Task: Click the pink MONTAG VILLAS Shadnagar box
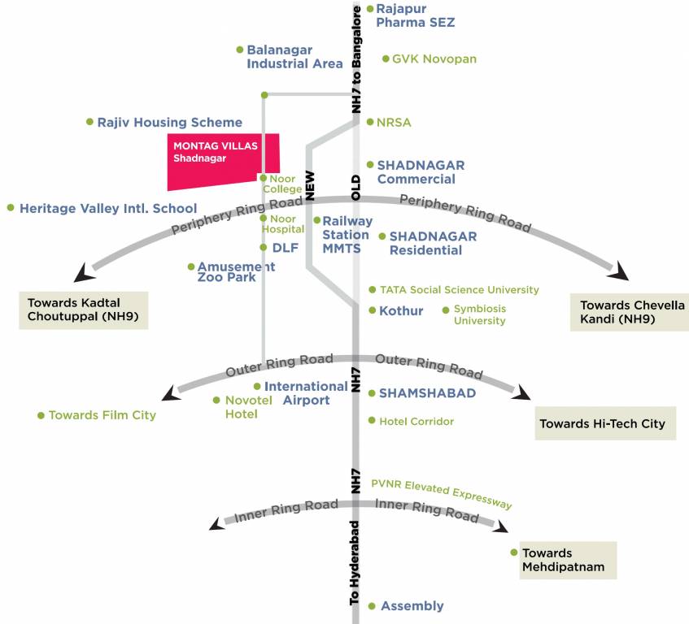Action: pyautogui.click(x=221, y=158)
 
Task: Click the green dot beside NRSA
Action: pyautogui.click(x=370, y=123)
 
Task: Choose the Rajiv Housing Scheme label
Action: pyautogui.click(x=169, y=123)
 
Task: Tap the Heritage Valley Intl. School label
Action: pyautogui.click(x=107, y=209)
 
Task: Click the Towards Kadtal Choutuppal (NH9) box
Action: pyautogui.click(x=83, y=310)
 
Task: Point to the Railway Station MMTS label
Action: pyautogui.click(x=347, y=234)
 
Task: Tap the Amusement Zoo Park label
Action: pyautogui.click(x=236, y=272)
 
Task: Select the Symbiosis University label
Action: pyautogui.click(x=480, y=314)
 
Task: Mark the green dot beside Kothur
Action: pyautogui.click(x=372, y=310)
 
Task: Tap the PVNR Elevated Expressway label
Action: pyautogui.click(x=442, y=493)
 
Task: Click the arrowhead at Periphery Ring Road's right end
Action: pyautogui.click(x=622, y=272)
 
